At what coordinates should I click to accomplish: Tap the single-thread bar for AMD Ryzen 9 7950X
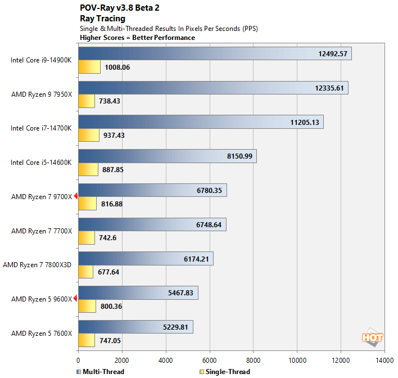point(87,101)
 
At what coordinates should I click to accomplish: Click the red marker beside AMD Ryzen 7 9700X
point(76,196)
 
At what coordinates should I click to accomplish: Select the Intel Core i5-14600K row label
point(42,163)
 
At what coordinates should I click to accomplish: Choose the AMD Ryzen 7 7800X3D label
point(38,265)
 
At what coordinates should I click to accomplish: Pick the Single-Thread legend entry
point(225,371)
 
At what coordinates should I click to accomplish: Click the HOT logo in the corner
point(372,337)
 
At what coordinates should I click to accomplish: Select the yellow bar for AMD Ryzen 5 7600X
point(87,340)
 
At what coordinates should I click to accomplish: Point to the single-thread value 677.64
point(108,272)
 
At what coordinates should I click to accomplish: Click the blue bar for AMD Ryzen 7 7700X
point(152,225)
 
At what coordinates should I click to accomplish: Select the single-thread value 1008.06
point(116,67)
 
